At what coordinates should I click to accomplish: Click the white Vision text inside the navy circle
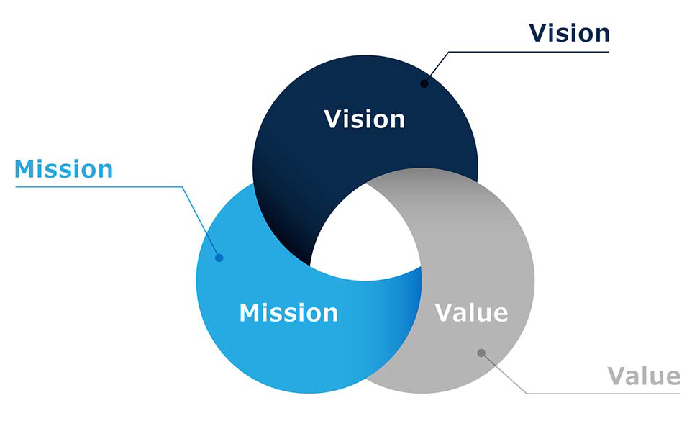coord(365,119)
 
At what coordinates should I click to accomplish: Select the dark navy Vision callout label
coord(569,33)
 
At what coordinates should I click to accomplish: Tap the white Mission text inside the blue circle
coord(288,312)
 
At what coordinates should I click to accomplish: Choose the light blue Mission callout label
coord(64,169)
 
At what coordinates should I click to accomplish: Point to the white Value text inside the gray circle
coord(471,312)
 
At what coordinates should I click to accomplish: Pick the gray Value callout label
coord(644,376)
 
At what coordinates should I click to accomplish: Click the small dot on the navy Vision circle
coord(424,83)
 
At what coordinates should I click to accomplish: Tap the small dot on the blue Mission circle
coord(219,258)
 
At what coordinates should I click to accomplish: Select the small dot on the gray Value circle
coord(481,353)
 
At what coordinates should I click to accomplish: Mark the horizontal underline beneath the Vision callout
coord(529,52)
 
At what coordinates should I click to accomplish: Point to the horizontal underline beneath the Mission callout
coord(99,187)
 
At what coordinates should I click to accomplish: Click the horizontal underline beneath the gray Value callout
coord(604,393)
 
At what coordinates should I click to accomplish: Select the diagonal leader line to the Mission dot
coord(201,222)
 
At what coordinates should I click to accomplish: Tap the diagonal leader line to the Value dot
coord(504,373)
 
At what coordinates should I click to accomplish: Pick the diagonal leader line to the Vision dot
coord(437,68)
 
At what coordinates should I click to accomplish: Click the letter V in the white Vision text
coord(333,119)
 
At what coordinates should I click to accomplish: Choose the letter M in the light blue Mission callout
coord(25,169)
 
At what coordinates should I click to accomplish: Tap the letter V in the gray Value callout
coord(616,376)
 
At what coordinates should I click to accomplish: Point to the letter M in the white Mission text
coord(250,313)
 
